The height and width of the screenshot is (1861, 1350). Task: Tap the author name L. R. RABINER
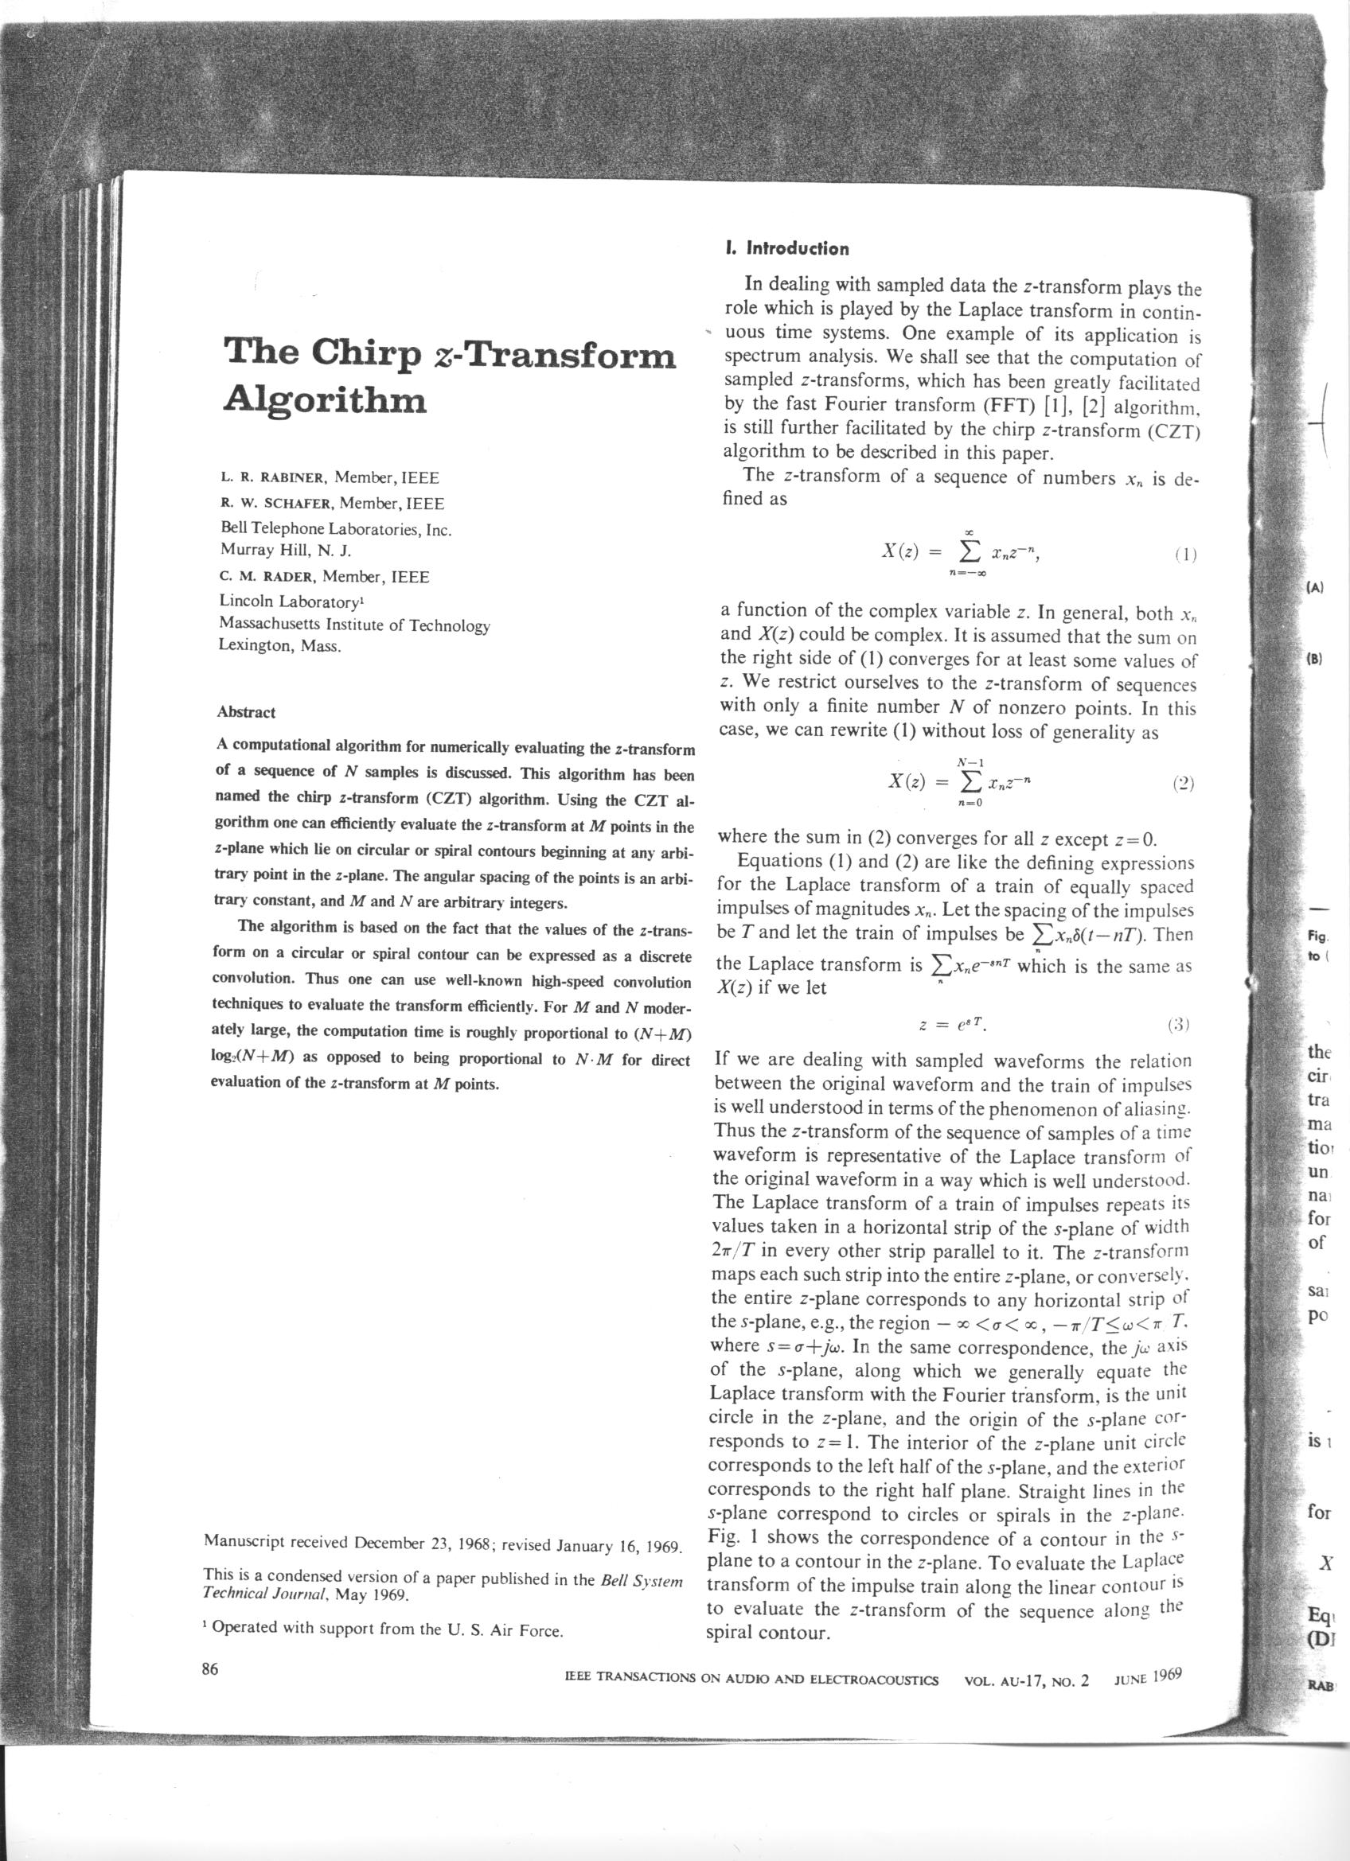(273, 477)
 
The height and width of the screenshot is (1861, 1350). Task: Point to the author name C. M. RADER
(267, 578)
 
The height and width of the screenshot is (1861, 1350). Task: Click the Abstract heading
(246, 712)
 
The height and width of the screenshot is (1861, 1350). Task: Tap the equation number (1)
(1184, 555)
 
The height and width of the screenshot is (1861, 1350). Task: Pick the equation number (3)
(1177, 1025)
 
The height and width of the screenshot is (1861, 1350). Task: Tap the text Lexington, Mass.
(279, 646)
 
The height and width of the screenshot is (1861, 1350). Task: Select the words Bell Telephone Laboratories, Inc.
(337, 529)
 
